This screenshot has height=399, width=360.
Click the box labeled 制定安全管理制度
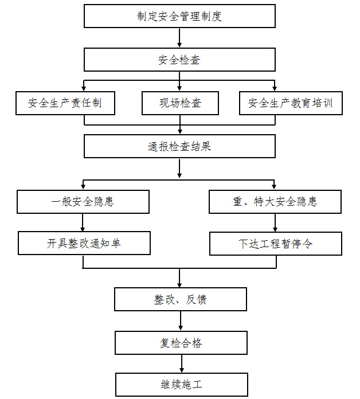click(179, 16)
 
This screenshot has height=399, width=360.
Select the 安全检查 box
click(179, 60)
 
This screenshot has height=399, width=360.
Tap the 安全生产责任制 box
click(65, 103)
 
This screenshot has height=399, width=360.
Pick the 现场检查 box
click(180, 103)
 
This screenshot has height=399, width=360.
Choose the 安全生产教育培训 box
click(291, 103)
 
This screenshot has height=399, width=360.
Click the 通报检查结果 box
click(179, 146)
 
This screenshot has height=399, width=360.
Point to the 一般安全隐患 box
click(83, 202)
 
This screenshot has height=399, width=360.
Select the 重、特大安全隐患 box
click(275, 202)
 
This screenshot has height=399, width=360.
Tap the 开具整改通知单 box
click(84, 243)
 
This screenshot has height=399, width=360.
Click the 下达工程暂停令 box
click(276, 244)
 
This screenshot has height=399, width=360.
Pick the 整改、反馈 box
click(181, 299)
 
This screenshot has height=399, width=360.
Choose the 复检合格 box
click(181, 343)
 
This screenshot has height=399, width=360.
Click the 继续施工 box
click(182, 385)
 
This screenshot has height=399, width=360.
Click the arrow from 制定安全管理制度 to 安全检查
click(179, 38)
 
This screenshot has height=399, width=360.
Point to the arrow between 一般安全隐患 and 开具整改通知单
click(83, 222)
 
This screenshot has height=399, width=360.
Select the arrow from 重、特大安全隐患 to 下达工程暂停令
click(275, 222)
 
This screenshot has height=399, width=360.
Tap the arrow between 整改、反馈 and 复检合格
click(181, 321)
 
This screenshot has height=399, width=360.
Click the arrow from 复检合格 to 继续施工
click(182, 363)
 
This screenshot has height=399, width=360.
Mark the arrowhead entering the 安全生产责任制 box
click(84, 88)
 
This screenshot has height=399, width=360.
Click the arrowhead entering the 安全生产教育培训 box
click(275, 88)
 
